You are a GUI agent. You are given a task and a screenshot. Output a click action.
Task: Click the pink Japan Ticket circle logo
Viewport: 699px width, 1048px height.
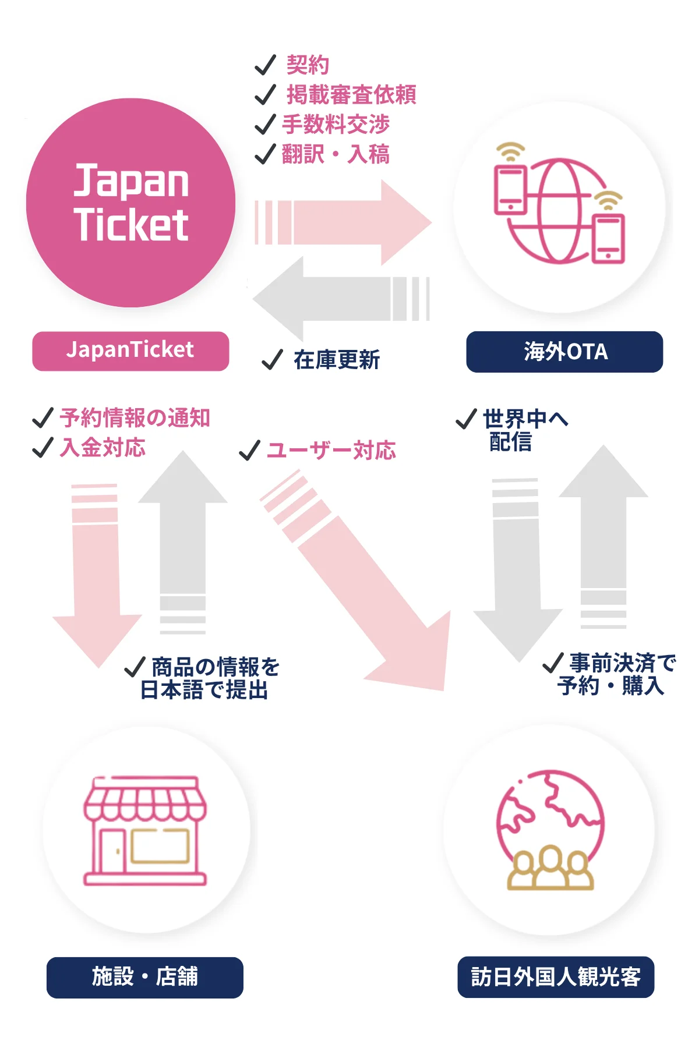pos(130,203)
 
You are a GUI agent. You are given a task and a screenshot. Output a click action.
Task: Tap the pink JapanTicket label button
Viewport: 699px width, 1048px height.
pos(130,351)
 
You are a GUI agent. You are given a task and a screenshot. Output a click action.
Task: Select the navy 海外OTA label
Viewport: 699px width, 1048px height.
pos(564,352)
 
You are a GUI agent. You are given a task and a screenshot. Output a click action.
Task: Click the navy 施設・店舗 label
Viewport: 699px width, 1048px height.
pos(144,977)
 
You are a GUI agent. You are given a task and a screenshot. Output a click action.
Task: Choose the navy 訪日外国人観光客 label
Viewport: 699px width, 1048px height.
pos(556,976)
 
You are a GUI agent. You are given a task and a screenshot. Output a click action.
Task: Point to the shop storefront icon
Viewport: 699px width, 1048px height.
pos(145,831)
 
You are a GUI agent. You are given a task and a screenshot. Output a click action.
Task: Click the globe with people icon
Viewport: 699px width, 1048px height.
pos(550,830)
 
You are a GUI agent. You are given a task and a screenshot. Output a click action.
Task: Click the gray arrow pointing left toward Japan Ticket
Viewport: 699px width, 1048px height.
pos(341,299)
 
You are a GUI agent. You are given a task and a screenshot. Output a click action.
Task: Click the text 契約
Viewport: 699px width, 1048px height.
pos(308,65)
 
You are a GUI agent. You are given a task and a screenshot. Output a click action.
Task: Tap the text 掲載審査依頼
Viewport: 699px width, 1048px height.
pos(351,94)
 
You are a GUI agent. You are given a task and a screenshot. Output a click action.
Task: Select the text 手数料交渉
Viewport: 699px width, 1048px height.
pos(336,124)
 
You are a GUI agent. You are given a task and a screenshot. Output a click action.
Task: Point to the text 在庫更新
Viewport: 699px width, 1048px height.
pos(337,360)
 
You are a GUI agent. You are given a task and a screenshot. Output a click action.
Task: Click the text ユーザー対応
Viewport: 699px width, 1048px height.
pos(331,450)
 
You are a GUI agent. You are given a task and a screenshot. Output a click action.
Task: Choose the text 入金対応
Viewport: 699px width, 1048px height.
pos(103,448)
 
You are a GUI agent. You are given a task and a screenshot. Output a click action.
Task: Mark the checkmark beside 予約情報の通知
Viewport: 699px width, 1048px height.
pos(43,417)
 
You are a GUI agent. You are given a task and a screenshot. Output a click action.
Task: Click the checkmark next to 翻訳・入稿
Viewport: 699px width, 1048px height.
pos(265,154)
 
